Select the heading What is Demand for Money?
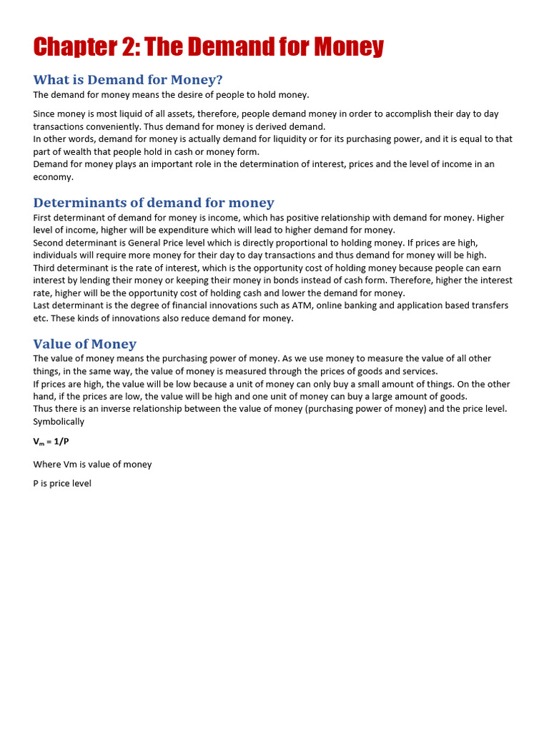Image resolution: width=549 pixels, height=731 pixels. [128, 79]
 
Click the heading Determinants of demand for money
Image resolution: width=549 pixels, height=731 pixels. [154, 203]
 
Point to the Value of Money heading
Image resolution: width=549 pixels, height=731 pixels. [84, 344]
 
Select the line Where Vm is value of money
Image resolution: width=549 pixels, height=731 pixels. [92, 465]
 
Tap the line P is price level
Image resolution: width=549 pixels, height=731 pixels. [62, 483]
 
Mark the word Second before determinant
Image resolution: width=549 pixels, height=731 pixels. [49, 243]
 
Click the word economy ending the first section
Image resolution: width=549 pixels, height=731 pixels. [52, 177]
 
